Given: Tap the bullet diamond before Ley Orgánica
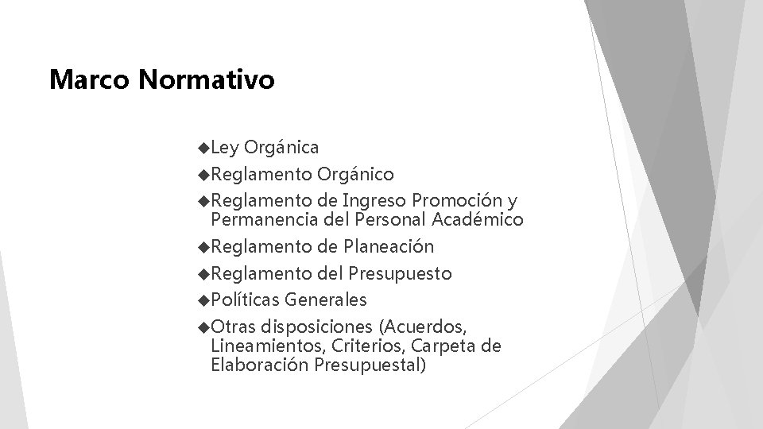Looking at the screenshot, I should click(204, 147).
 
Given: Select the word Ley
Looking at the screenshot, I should click(227, 148).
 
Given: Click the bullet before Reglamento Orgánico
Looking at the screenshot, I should click(204, 173).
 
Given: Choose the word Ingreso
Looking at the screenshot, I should click(374, 200).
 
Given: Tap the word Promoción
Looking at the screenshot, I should click(456, 200).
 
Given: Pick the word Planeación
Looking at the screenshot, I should click(389, 247).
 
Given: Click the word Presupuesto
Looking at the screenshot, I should click(400, 274).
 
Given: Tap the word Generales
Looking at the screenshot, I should click(326, 300).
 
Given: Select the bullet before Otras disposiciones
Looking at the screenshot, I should click(204, 327).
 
